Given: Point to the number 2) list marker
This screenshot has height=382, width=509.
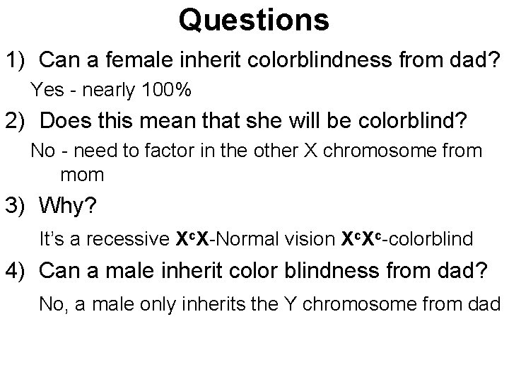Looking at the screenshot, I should pos(16,122).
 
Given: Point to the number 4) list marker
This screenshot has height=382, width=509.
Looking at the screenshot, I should pos(16,271).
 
